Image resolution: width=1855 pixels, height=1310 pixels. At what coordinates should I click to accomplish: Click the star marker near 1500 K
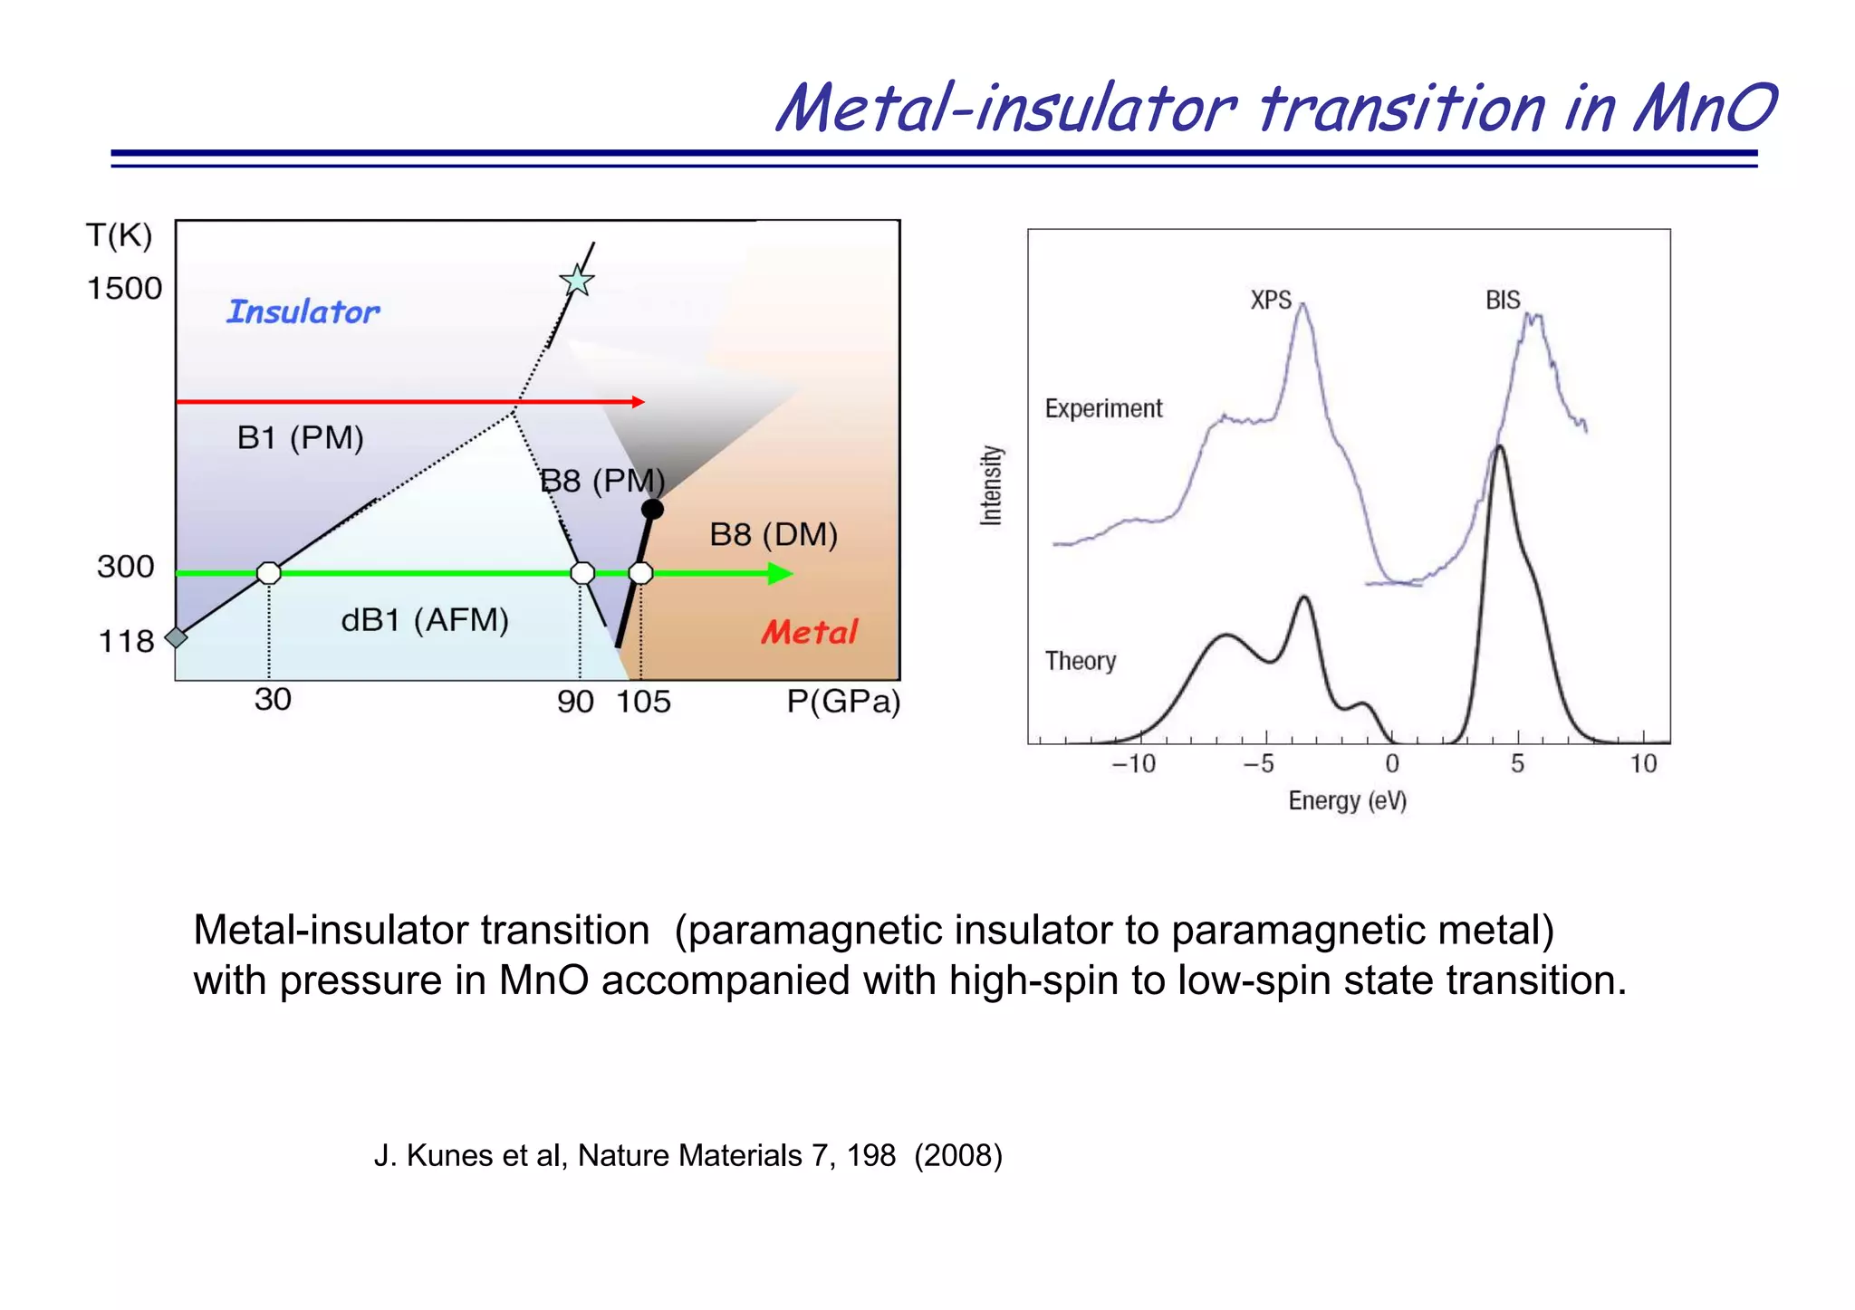coord(577,281)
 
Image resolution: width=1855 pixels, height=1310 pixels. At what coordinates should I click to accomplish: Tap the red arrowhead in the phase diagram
coord(639,402)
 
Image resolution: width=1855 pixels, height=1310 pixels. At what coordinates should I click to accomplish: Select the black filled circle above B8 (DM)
coord(652,510)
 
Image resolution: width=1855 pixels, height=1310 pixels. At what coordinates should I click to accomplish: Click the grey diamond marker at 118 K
coord(177,637)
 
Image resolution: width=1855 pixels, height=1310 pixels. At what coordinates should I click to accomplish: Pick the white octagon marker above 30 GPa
coord(269,573)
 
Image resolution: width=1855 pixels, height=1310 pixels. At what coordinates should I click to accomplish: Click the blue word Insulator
coord(303,311)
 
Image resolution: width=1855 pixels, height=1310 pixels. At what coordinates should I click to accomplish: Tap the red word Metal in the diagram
coord(809,632)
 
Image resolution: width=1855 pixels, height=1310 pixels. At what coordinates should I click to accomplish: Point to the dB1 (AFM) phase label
coord(425,620)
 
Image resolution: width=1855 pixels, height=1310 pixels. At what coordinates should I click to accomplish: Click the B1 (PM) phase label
coord(300,438)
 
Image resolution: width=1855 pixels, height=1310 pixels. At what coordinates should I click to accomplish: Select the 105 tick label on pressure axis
coord(643,702)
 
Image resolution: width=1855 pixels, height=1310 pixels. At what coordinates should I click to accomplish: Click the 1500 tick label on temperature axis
coord(124,289)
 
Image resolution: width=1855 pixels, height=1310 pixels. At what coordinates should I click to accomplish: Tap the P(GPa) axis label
coord(843,702)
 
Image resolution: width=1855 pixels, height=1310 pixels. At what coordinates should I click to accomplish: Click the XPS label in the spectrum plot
coord(1271,300)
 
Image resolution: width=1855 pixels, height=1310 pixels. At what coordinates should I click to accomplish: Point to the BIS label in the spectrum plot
coord(1503,300)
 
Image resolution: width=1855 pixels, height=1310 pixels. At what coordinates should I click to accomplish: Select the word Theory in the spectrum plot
coord(1080,661)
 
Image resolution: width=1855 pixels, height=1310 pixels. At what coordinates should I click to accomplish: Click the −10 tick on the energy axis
coord(1133,764)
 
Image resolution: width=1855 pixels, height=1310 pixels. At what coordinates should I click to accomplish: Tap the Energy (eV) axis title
coord(1347,800)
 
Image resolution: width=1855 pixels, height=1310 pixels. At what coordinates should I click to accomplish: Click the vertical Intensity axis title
coord(992,485)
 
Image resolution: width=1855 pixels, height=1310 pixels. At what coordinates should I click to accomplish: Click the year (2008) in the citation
coord(958,1156)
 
